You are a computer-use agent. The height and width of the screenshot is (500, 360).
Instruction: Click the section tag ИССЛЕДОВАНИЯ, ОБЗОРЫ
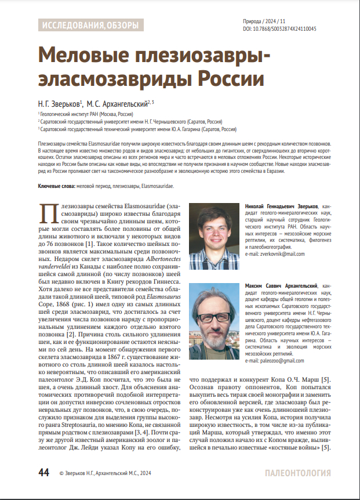(x=89, y=25)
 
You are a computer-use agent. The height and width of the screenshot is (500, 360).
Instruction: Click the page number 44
(x=44, y=473)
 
